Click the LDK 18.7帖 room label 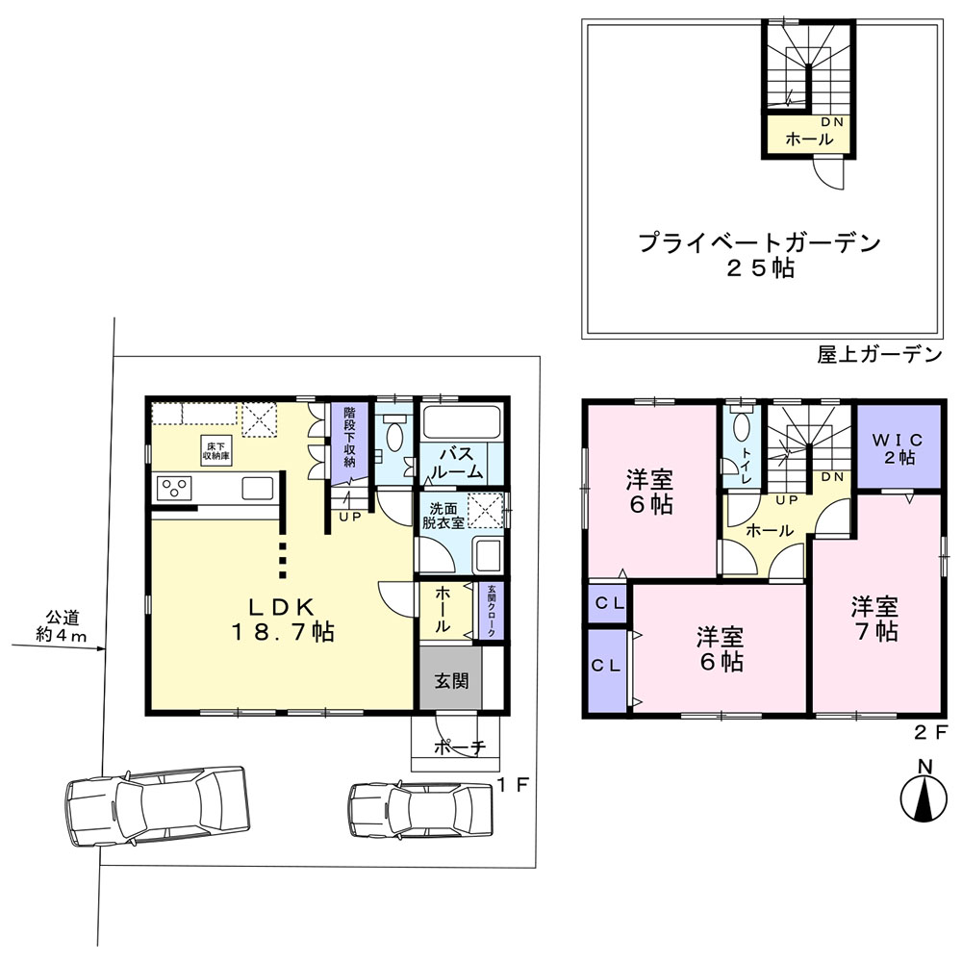283,620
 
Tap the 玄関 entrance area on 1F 451,677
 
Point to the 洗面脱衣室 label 443,516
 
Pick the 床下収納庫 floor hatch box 215,451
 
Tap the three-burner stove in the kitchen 175,489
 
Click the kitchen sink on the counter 258,489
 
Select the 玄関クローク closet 491,611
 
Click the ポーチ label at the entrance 460,747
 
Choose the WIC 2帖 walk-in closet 899,446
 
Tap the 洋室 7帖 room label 875,619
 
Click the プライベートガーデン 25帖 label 760,255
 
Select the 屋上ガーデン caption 879,354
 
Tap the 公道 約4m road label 62,626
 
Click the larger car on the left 157,806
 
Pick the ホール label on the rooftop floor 809,139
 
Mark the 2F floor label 930,731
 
